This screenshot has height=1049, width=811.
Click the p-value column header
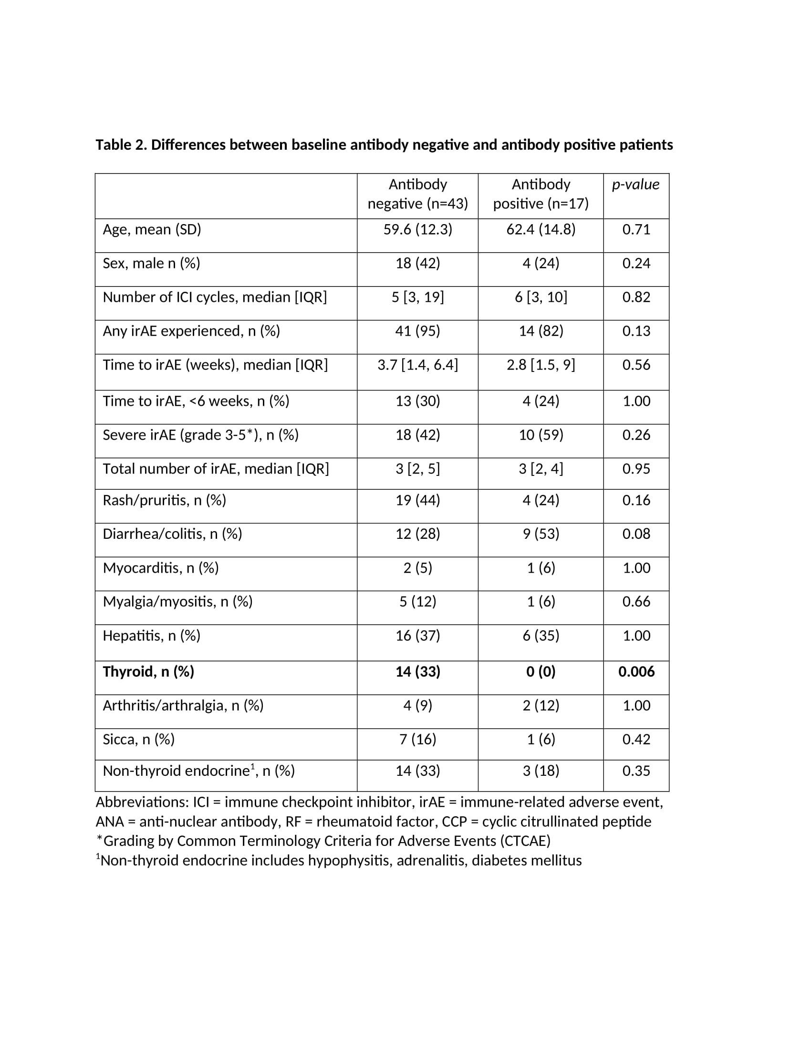tap(635, 185)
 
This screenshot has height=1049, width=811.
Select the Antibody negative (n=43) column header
tap(417, 194)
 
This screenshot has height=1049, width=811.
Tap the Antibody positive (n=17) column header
tap(541, 194)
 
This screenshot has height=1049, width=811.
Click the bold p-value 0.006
tap(636, 671)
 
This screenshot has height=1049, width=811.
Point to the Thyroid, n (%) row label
tap(148, 671)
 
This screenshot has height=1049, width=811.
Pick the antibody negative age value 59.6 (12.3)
tap(417, 230)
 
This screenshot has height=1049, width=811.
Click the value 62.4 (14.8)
tap(541, 230)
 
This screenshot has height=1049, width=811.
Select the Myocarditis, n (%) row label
tap(160, 568)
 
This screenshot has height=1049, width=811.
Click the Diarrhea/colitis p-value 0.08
tap(636, 534)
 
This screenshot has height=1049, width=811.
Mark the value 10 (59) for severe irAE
tap(541, 435)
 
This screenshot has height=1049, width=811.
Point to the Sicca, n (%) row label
tap(138, 739)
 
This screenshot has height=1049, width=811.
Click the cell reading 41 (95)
tap(417, 331)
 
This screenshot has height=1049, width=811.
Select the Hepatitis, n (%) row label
tap(151, 636)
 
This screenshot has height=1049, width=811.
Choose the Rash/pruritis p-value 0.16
tap(636, 500)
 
